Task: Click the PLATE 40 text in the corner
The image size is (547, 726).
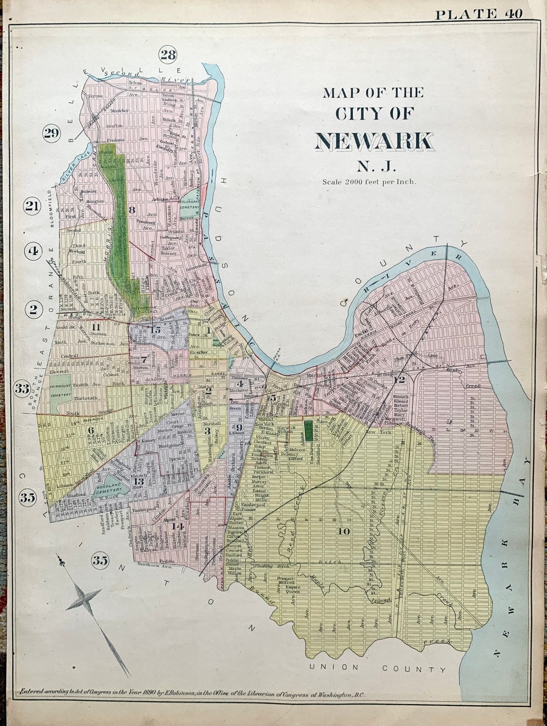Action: pyautogui.click(x=479, y=14)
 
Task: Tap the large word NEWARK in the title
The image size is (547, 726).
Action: pyautogui.click(x=374, y=142)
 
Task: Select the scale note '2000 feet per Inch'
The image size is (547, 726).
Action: pyautogui.click(x=369, y=182)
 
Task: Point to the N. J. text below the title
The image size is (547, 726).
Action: pyautogui.click(x=373, y=165)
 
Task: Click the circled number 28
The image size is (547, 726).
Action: pyautogui.click(x=168, y=54)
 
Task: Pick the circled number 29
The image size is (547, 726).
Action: pyautogui.click(x=51, y=133)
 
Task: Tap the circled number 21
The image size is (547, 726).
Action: pyautogui.click(x=32, y=206)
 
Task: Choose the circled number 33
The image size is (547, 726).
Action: pyautogui.click(x=22, y=389)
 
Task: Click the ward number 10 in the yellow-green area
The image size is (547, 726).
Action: pyautogui.click(x=343, y=531)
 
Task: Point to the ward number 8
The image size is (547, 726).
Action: pyautogui.click(x=132, y=209)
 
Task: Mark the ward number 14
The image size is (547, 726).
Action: pyautogui.click(x=177, y=526)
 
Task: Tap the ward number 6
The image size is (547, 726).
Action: pyautogui.click(x=91, y=431)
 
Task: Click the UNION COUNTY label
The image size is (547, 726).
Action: pyautogui.click(x=378, y=668)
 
